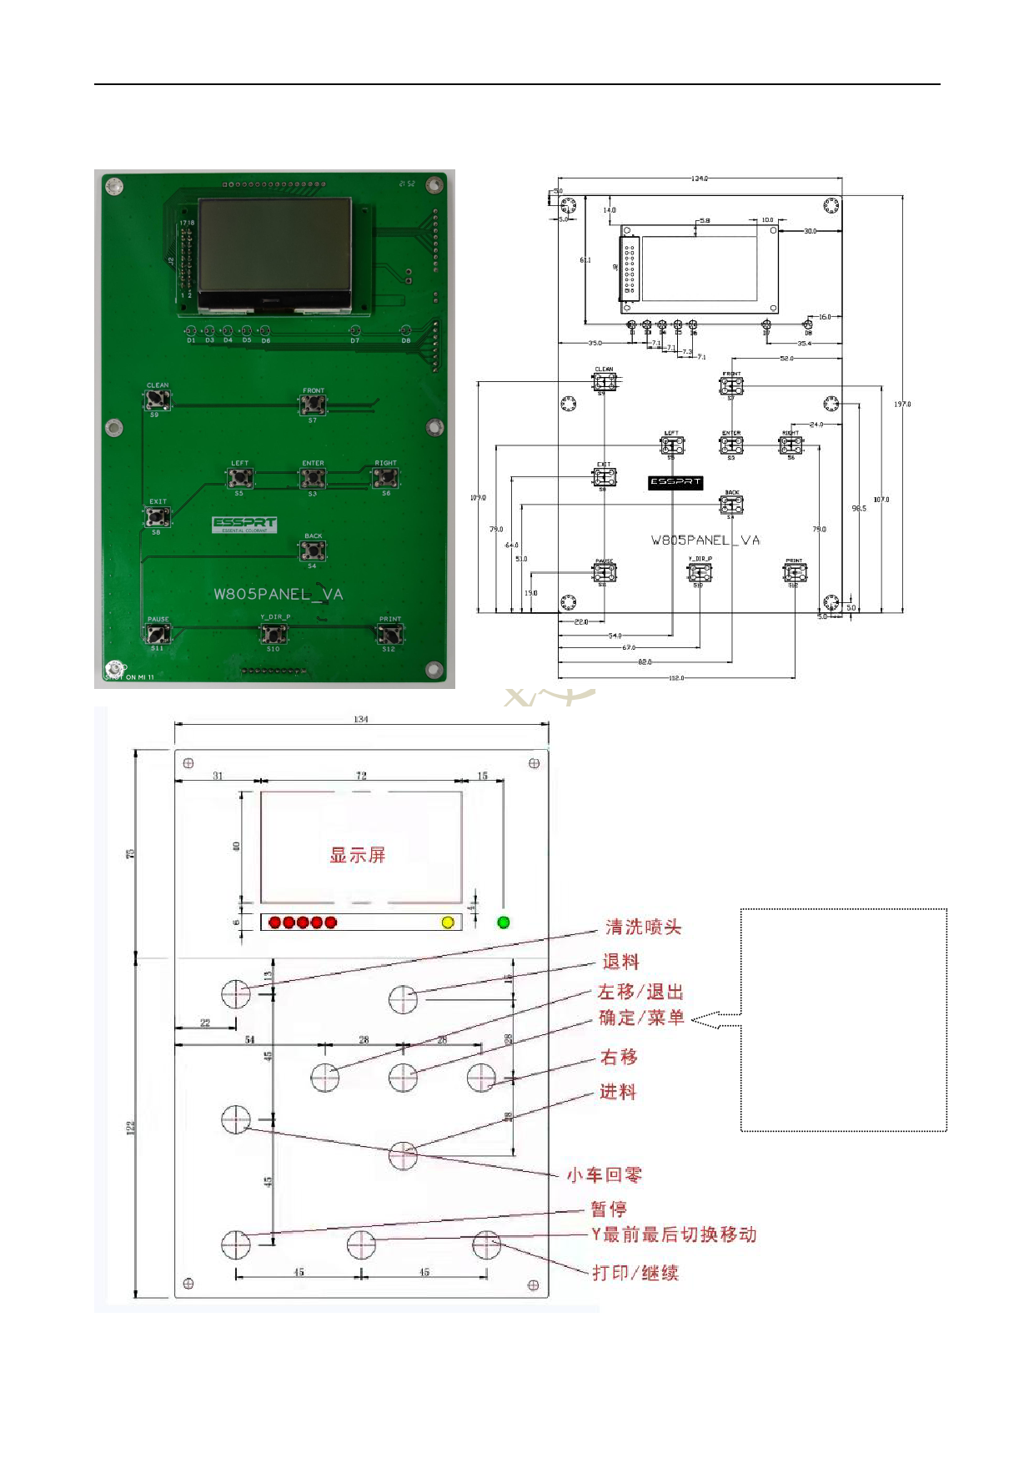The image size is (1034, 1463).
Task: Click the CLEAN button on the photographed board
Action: (x=158, y=400)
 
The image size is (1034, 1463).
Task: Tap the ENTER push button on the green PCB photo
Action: (x=313, y=478)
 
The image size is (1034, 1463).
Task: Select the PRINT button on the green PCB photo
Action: (x=389, y=634)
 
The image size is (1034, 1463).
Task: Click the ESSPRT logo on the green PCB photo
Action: (x=244, y=524)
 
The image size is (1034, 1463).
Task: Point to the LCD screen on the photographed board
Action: (x=274, y=244)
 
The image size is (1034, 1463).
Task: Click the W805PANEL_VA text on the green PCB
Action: (x=278, y=594)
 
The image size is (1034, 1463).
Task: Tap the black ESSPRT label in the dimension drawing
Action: (x=675, y=482)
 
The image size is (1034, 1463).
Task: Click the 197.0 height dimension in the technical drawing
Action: (x=902, y=405)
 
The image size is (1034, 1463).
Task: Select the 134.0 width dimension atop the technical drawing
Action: (x=699, y=178)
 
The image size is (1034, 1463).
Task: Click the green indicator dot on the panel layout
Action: (x=503, y=923)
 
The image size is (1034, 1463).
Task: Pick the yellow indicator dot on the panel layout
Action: (x=448, y=923)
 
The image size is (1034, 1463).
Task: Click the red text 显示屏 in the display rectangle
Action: (x=358, y=855)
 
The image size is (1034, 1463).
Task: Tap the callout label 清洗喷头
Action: (x=643, y=928)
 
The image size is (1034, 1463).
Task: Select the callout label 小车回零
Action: (x=605, y=1175)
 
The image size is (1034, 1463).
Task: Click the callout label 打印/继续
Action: (x=635, y=1273)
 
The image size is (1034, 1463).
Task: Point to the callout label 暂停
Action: (x=609, y=1209)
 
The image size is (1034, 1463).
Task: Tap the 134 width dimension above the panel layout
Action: (x=360, y=719)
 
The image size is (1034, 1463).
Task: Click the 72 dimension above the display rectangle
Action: (x=361, y=776)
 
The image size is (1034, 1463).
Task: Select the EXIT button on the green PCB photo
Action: (x=158, y=517)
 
